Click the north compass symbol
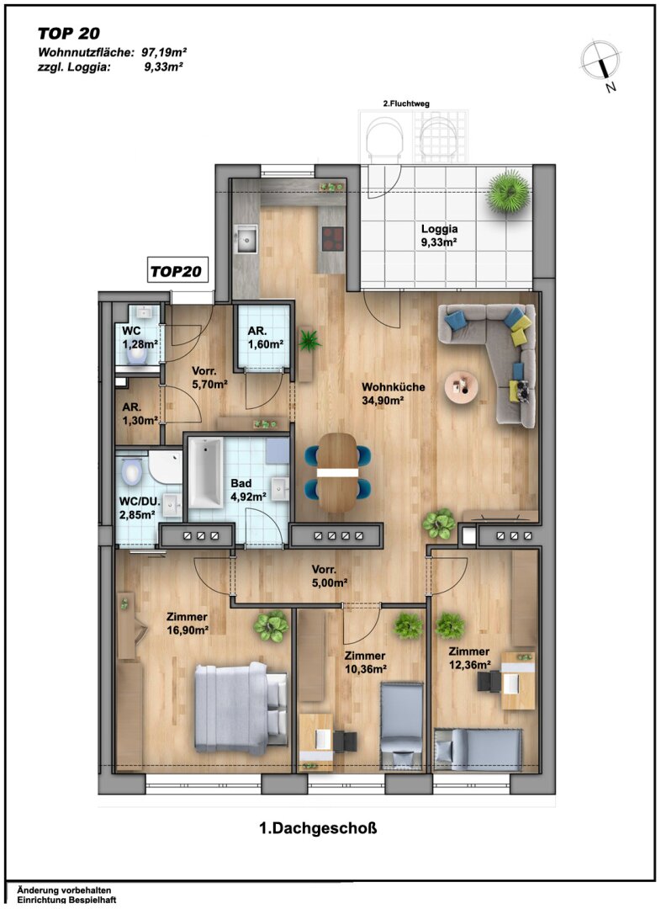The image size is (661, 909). (601, 62)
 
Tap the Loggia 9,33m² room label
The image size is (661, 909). (439, 236)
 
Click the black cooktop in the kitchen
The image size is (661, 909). (332, 238)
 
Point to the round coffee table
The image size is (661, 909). (462, 385)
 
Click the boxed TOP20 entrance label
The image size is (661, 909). (177, 271)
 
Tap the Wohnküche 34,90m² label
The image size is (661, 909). (394, 393)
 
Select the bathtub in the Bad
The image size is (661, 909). (206, 472)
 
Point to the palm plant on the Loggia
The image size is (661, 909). (509, 192)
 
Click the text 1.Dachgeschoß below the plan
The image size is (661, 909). (318, 828)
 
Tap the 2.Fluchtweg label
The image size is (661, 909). (406, 104)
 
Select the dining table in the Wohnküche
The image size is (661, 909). (338, 472)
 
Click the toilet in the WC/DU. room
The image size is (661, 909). (132, 472)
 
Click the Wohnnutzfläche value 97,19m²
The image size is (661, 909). (164, 52)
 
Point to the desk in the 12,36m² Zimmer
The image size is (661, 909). (518, 681)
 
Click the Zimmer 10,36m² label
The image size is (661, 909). (365, 662)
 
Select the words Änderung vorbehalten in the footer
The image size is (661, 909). (64, 890)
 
